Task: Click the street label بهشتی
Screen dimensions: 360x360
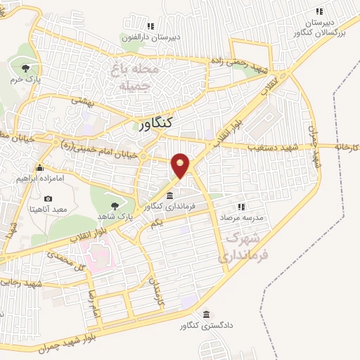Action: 83,102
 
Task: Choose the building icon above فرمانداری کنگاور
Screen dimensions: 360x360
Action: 171,195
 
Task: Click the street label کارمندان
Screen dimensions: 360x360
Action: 157,288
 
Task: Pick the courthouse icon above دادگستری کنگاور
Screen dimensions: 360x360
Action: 206,314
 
